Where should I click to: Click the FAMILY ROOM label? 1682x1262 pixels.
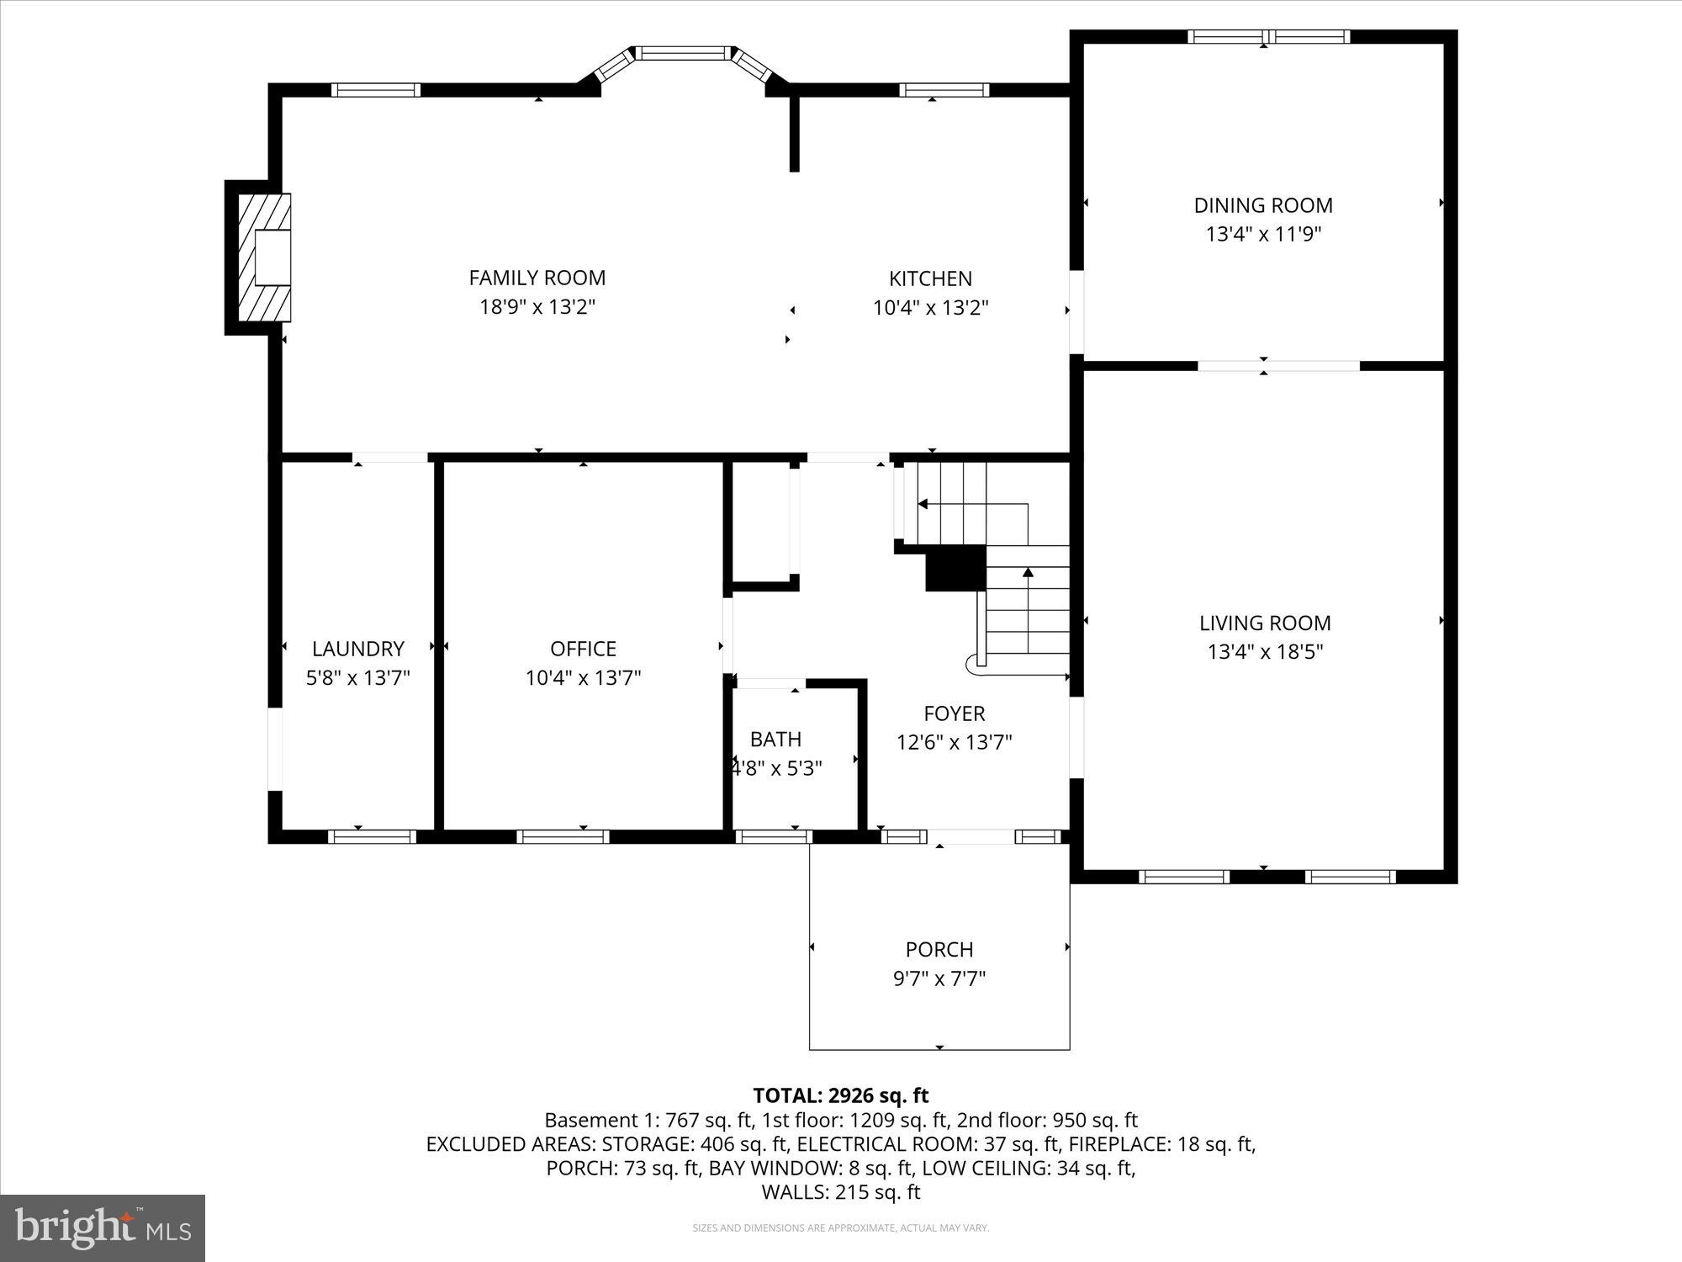coord(537,278)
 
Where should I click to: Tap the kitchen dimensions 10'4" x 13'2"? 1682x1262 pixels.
coord(930,308)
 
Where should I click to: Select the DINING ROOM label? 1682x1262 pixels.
coord(1263,205)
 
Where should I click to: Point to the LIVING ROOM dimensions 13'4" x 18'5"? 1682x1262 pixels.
coord(1265,652)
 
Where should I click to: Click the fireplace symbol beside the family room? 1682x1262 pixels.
coord(265,257)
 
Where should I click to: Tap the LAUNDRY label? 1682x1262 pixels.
coord(358,649)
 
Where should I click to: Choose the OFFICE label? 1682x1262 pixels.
coord(583,649)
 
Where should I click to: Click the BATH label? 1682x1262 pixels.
coord(775,740)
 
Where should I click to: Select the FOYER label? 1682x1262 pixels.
coord(954,714)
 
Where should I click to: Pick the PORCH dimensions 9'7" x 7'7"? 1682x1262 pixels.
coord(939,978)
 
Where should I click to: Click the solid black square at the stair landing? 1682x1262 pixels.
coord(955,568)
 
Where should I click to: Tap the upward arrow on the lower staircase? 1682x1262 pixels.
coord(1028,574)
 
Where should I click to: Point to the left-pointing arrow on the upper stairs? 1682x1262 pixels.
coord(923,504)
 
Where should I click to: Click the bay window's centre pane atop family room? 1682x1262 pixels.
coord(682,53)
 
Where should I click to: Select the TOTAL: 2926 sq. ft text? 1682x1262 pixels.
coord(840,1095)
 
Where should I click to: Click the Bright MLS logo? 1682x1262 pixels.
coord(103,1228)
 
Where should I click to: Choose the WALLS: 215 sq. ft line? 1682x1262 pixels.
coord(840,1192)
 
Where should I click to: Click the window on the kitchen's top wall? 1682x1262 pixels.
coord(944,90)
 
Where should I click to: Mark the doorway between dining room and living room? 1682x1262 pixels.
coord(1278,366)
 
